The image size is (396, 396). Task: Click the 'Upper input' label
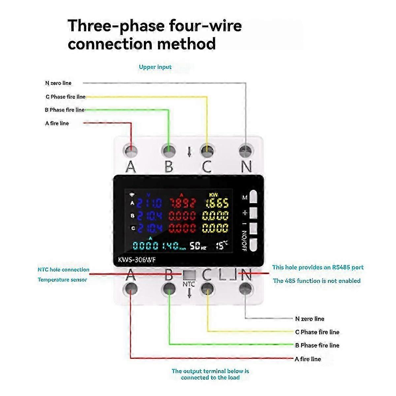pyautogui.click(x=155, y=67)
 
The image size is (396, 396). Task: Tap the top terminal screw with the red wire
pyautogui.click(x=131, y=151)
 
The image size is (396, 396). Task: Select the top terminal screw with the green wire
pyautogui.click(x=169, y=151)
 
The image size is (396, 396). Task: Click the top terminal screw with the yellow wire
pyautogui.click(x=207, y=151)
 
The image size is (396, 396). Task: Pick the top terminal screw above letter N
pyautogui.click(x=246, y=151)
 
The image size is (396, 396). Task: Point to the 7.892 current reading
pyautogui.click(x=182, y=203)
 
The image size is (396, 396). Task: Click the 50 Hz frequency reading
pyautogui.click(x=198, y=246)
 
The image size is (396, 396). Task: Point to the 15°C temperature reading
pyautogui.click(x=222, y=245)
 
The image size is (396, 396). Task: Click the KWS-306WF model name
pyautogui.click(x=137, y=260)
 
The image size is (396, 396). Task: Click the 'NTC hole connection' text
pyautogui.click(x=63, y=270)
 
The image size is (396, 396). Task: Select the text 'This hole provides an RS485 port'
pyautogui.click(x=318, y=267)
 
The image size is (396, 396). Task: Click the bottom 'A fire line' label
pyautogui.click(x=308, y=359)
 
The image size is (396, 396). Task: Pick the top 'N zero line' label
pyautogui.click(x=58, y=83)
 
